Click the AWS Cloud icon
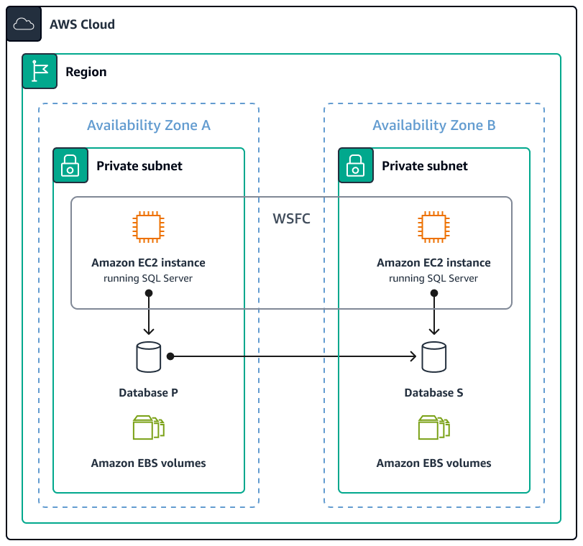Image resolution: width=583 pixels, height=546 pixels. click(x=24, y=24)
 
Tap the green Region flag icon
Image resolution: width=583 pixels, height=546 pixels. click(x=40, y=71)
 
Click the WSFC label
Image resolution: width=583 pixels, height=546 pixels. click(x=292, y=218)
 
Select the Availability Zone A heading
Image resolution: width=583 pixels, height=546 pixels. click(x=149, y=126)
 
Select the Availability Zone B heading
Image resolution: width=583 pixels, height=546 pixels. click(x=434, y=126)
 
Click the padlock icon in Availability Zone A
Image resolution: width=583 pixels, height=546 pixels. click(x=70, y=166)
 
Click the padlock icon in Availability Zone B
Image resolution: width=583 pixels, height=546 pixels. click(x=356, y=166)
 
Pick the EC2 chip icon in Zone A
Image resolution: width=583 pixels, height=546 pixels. click(x=148, y=227)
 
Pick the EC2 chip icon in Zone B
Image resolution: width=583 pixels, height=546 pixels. click(x=433, y=227)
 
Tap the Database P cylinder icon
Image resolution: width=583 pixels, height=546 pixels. click(x=148, y=357)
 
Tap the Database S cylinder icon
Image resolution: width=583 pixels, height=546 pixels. click(x=433, y=357)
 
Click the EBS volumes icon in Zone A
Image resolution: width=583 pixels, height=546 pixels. click(x=148, y=427)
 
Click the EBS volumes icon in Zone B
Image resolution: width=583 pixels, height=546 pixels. click(x=433, y=427)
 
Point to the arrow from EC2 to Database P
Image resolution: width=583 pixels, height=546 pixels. click(x=148, y=313)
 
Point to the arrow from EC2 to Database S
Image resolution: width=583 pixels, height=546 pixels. click(x=433, y=313)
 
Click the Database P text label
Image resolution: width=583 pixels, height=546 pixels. click(x=148, y=393)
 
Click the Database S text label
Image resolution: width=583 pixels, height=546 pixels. click(x=433, y=393)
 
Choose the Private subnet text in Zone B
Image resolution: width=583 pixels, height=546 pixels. click(x=424, y=166)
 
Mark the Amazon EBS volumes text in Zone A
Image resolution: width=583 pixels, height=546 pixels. click(x=148, y=463)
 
